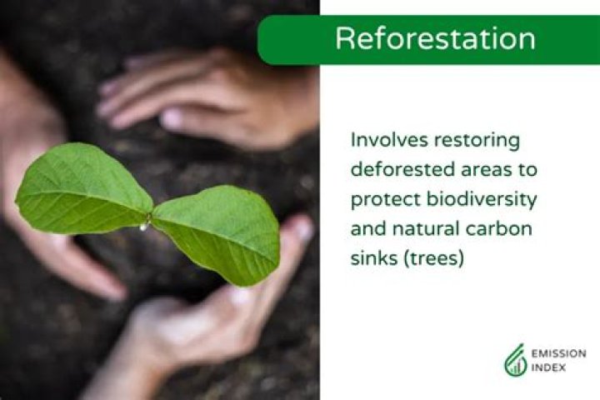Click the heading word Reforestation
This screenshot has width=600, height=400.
tap(435, 39)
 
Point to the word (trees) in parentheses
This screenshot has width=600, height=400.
tap(432, 259)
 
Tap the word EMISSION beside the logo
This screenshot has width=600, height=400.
tap(558, 353)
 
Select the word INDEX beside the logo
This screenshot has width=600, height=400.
tap(548, 367)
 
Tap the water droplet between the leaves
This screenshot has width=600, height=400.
tap(145, 225)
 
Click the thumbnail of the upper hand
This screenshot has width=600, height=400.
tap(172, 119)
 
